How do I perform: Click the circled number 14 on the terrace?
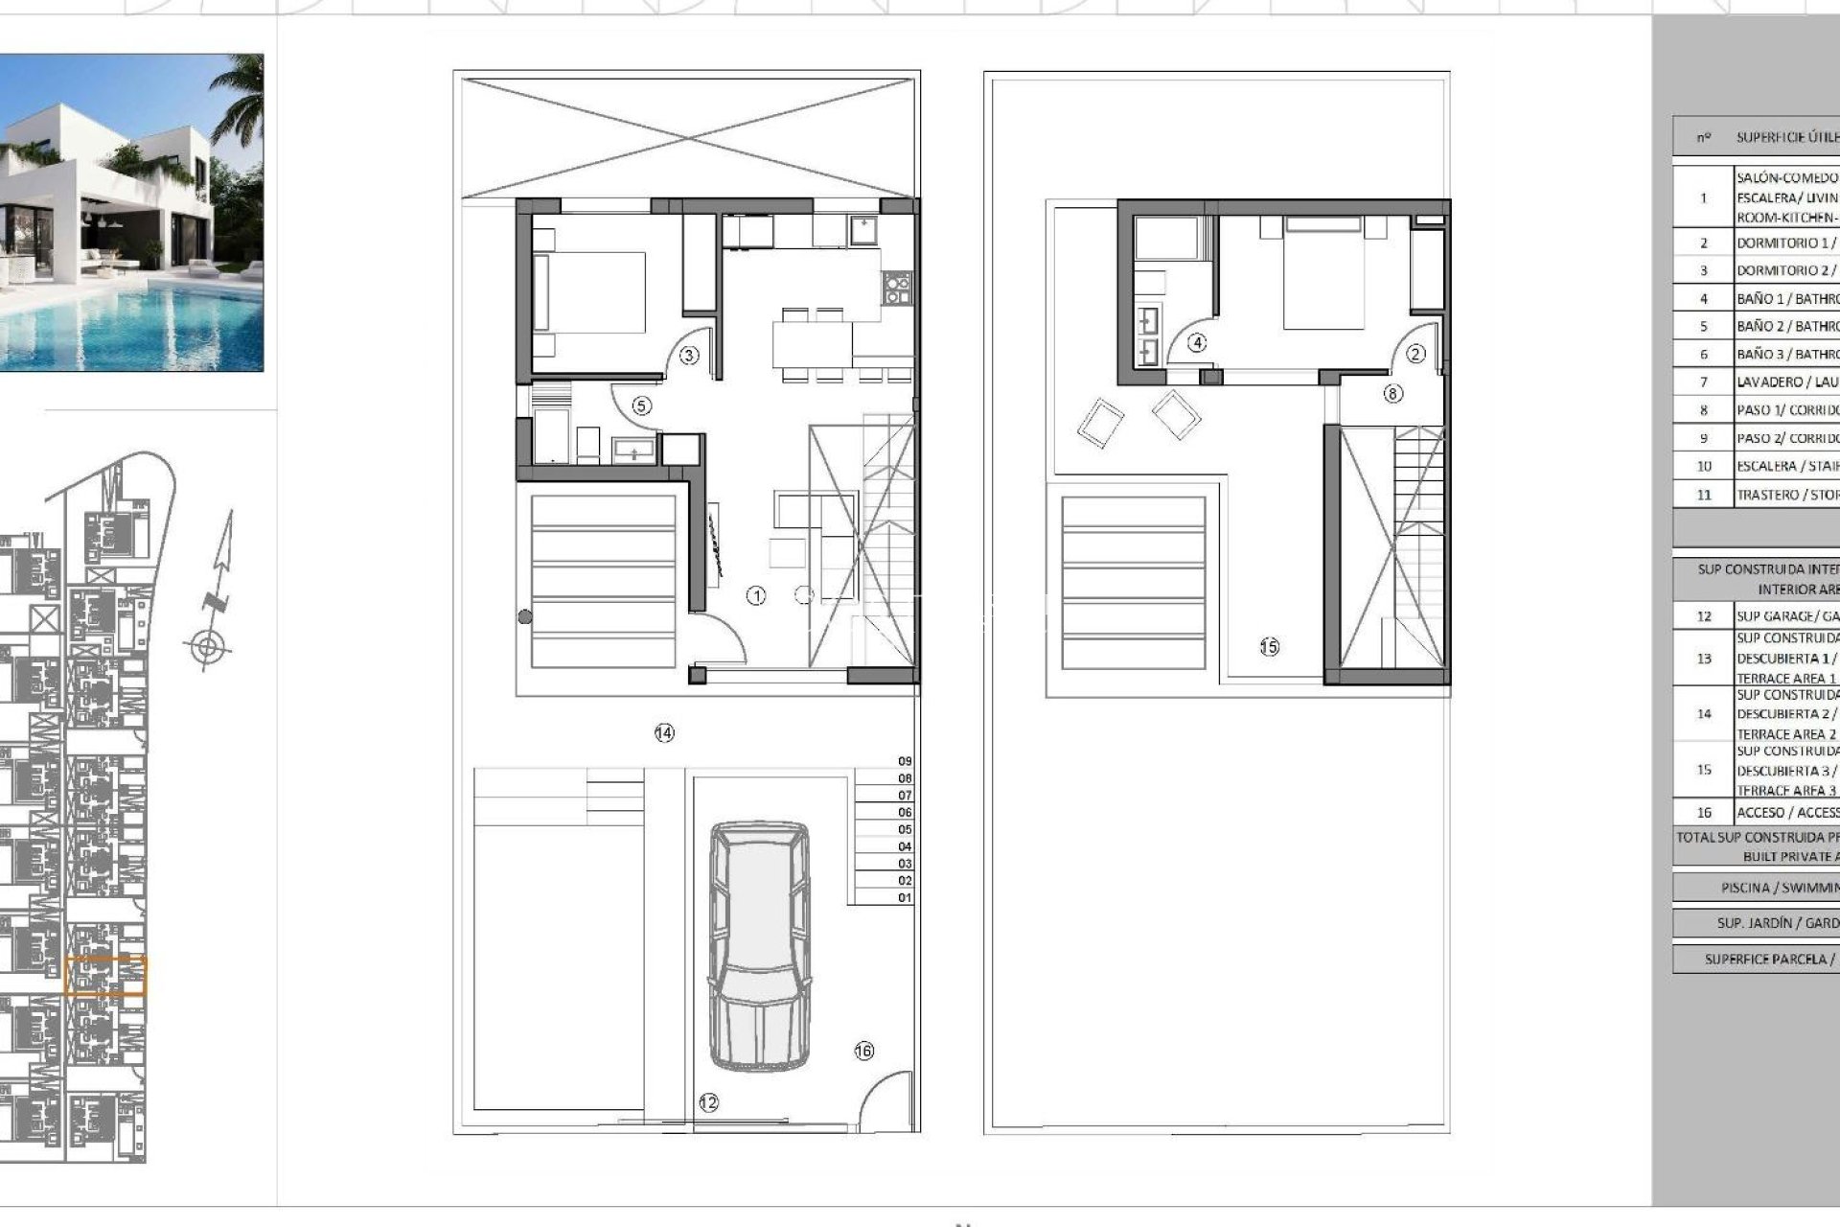664,733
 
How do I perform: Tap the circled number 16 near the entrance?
863,1052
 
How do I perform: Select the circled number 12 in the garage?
708,1103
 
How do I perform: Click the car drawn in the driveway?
758,945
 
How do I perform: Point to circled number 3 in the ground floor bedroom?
689,356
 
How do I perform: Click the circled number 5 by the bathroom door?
641,406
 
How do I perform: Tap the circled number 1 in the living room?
756,596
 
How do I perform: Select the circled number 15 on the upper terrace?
1269,647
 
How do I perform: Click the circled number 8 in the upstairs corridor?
1392,393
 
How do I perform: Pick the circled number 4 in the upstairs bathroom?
1197,342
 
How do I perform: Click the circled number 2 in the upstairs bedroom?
1416,354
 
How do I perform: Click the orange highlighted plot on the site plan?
105,976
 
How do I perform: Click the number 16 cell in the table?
1703,813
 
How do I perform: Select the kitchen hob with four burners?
896,288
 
